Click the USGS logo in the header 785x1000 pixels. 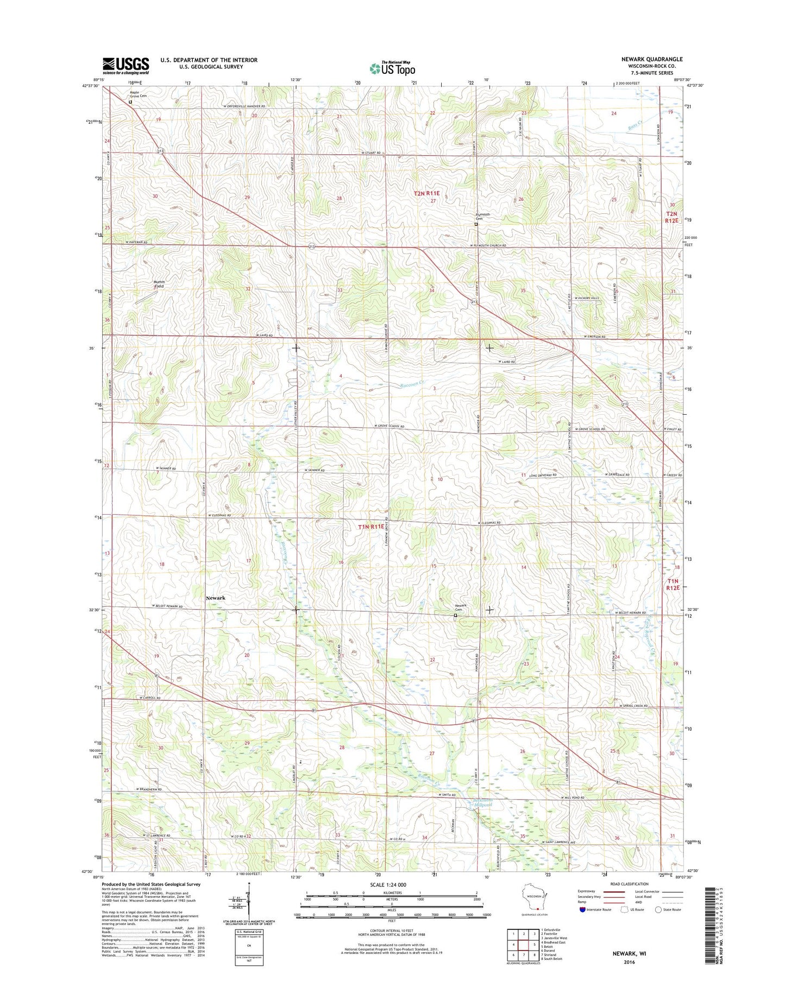pyautogui.click(x=125, y=66)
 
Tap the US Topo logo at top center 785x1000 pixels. pyautogui.click(x=392, y=68)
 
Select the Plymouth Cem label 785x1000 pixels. pyautogui.click(x=483, y=216)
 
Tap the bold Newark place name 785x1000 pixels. pyautogui.click(x=216, y=598)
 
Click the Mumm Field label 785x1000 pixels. pyautogui.click(x=159, y=283)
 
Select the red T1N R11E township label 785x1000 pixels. pyautogui.click(x=372, y=526)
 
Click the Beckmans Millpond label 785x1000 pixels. pyautogui.click(x=481, y=803)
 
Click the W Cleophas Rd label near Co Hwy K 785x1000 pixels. pyautogui.click(x=219, y=515)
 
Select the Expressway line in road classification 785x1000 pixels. pyautogui.click(x=613, y=891)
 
